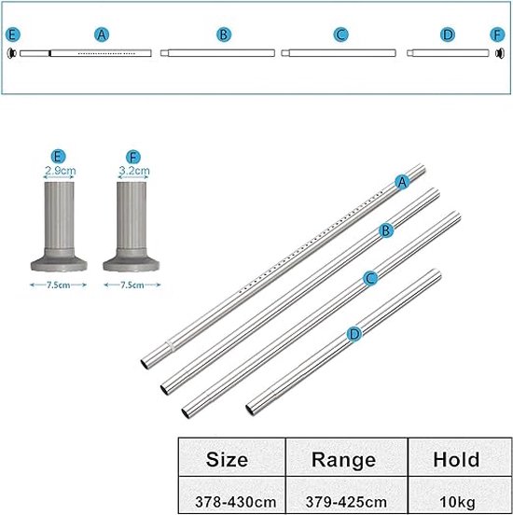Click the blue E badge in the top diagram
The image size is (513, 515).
pos(13,35)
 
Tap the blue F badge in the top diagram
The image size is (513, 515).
pos(497,35)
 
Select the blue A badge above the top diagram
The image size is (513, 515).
pos(102,35)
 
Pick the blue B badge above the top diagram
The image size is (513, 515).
pos(224,35)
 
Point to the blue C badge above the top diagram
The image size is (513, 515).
pos(340,35)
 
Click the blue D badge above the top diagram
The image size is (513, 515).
pos(448,35)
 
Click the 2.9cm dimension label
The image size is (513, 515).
pos(60,171)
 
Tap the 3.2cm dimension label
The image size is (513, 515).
pos(134,171)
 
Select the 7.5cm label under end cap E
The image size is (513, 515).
pos(58,285)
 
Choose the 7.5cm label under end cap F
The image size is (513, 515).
pos(132,285)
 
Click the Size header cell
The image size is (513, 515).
pos(232,456)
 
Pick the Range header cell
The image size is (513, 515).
pos(346,456)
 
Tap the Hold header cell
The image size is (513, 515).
pos(460,456)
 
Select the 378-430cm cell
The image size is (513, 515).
pos(232,495)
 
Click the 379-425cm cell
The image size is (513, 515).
pos(346,495)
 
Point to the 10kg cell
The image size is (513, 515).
pos(460,495)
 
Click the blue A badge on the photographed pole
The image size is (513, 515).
pos(402,182)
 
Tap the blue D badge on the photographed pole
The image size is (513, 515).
pos(354,334)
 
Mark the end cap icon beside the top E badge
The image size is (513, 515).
pos(12,53)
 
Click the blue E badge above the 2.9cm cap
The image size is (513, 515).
pos(58,157)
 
